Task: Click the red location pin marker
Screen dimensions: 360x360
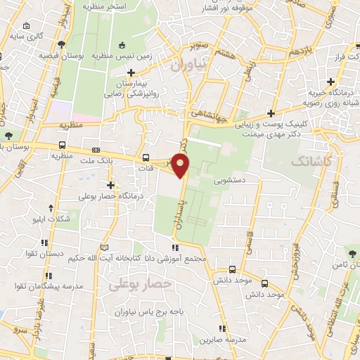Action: pos(181,165)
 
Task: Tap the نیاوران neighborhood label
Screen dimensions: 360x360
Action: pos(190,65)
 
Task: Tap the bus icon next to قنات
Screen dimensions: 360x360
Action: pos(146,157)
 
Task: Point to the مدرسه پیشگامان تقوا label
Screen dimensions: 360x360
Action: pos(41,286)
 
